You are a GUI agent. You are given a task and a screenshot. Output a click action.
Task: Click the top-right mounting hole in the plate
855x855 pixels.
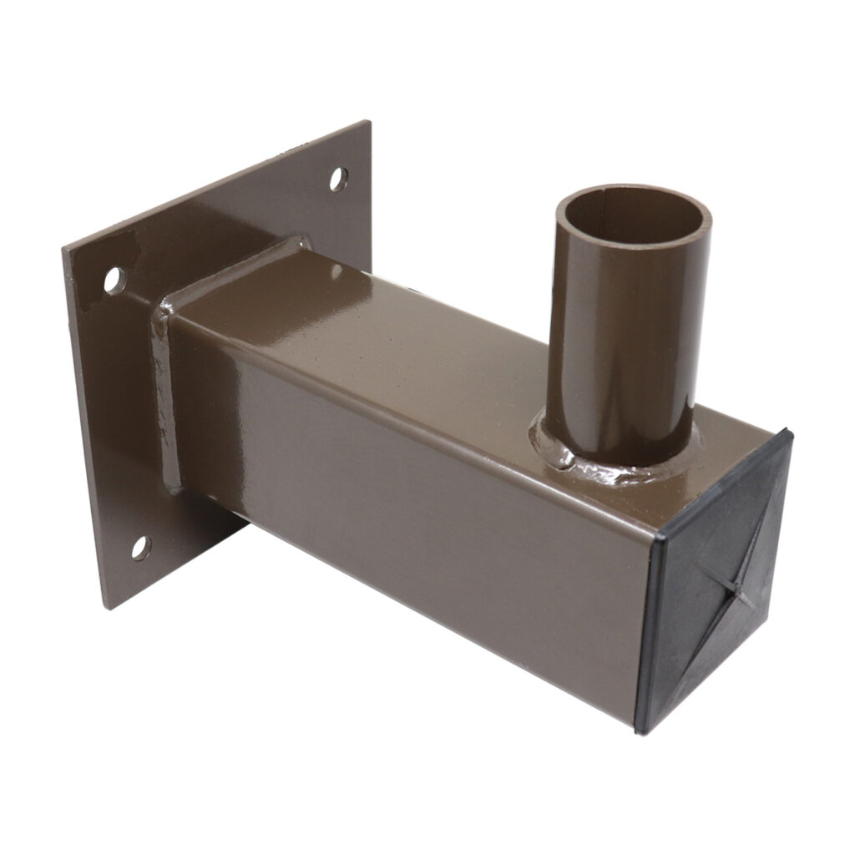click(x=338, y=179)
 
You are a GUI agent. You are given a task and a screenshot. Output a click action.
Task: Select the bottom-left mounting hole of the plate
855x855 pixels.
click(x=140, y=548)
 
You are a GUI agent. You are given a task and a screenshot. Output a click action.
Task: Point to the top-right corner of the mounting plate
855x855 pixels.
click(x=368, y=123)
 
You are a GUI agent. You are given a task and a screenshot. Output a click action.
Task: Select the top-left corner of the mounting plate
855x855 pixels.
click(x=64, y=250)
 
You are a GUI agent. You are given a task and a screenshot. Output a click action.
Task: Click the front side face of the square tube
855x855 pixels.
click(x=417, y=518)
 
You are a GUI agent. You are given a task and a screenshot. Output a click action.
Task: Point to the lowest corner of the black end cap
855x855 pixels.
click(x=640, y=732)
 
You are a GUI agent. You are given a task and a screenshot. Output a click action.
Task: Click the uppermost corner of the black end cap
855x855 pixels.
click(x=787, y=430)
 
